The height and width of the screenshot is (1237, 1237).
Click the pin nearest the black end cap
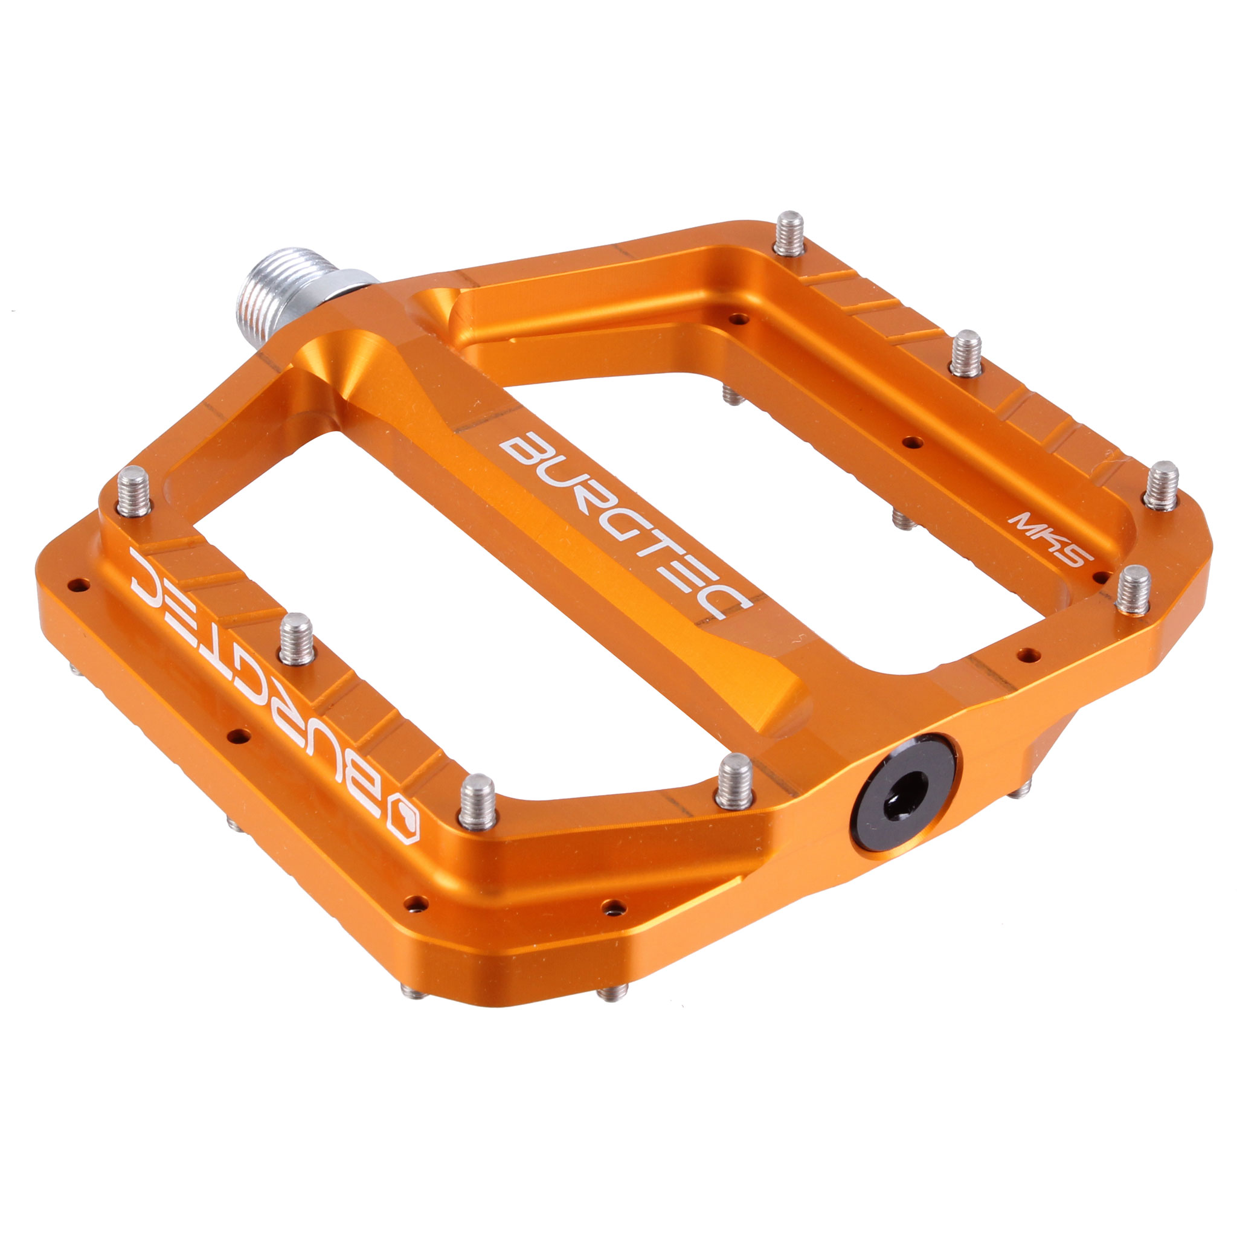click(x=734, y=781)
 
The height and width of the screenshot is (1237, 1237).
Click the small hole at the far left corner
click(x=79, y=584)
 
